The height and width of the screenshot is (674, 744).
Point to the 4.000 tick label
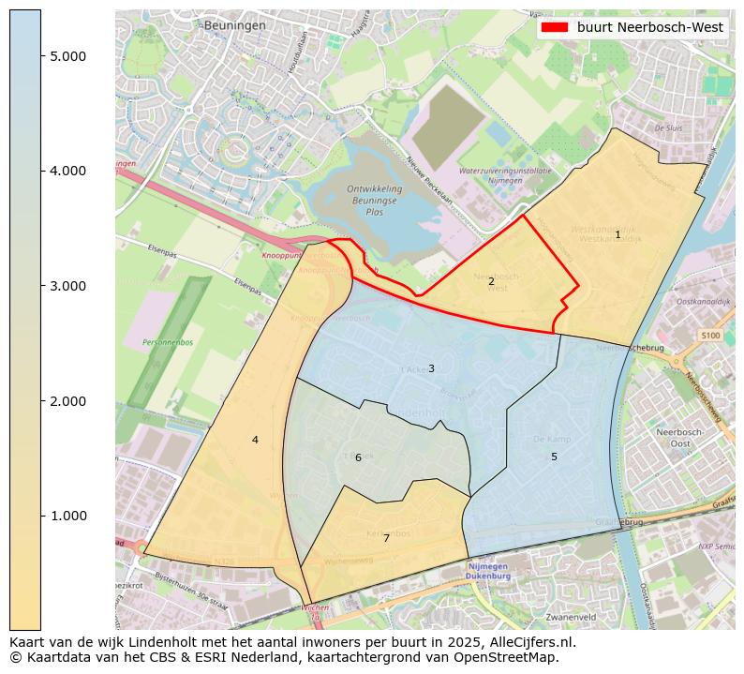click(68, 171)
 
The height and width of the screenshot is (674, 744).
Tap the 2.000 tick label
click(68, 401)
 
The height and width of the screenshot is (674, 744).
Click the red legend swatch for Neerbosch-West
click(555, 28)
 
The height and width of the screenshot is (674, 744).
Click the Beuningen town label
click(234, 25)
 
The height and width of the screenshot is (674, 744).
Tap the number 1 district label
click(618, 234)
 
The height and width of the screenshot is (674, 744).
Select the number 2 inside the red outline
click(491, 281)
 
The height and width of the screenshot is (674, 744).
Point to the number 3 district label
click(431, 368)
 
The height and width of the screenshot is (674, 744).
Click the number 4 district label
click(255, 440)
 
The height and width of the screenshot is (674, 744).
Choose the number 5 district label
click(554, 457)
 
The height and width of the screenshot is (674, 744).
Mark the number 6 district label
click(358, 457)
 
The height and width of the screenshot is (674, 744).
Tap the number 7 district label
click(386, 538)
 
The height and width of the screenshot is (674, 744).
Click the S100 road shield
click(710, 335)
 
